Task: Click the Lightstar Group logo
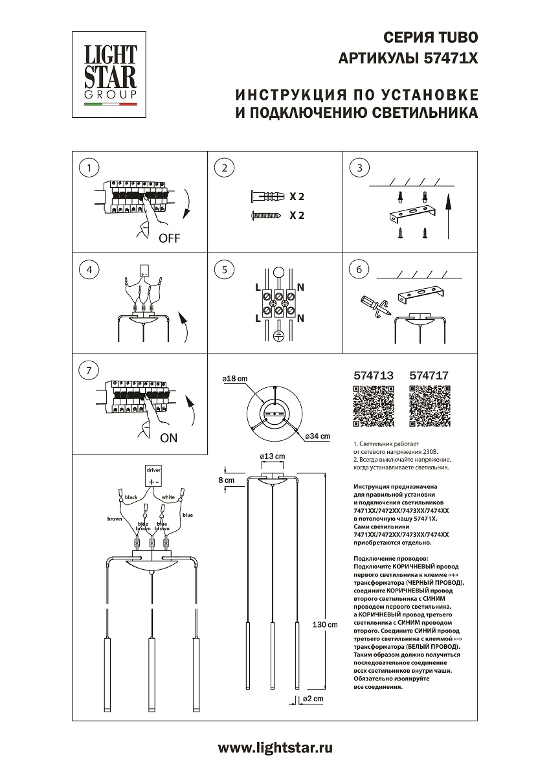110,71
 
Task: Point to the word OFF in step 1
169,238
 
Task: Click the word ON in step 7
168,438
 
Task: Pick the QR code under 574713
374,407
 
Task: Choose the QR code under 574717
430,407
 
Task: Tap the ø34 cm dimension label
317,436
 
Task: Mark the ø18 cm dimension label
235,378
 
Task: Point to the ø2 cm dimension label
313,699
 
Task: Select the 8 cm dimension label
226,480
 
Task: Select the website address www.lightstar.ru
275,748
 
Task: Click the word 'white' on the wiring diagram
168,497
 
